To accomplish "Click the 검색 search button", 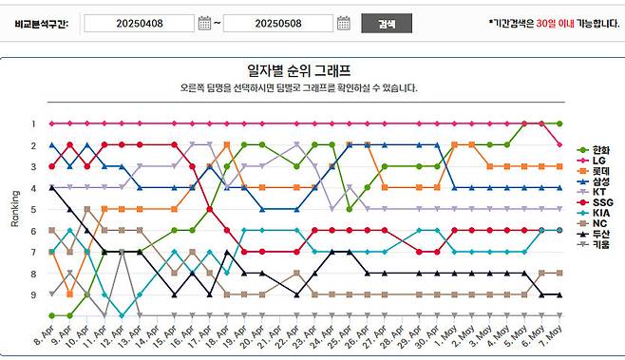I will click(x=386, y=23).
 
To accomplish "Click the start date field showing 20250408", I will click(x=137, y=23).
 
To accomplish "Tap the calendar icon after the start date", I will click(x=205, y=23).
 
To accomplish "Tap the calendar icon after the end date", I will click(x=344, y=23).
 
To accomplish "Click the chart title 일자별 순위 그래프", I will click(x=298, y=70).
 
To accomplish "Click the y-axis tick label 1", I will click(x=32, y=123).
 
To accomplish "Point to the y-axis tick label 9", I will click(x=32, y=294).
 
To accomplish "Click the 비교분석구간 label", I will click(x=41, y=23).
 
